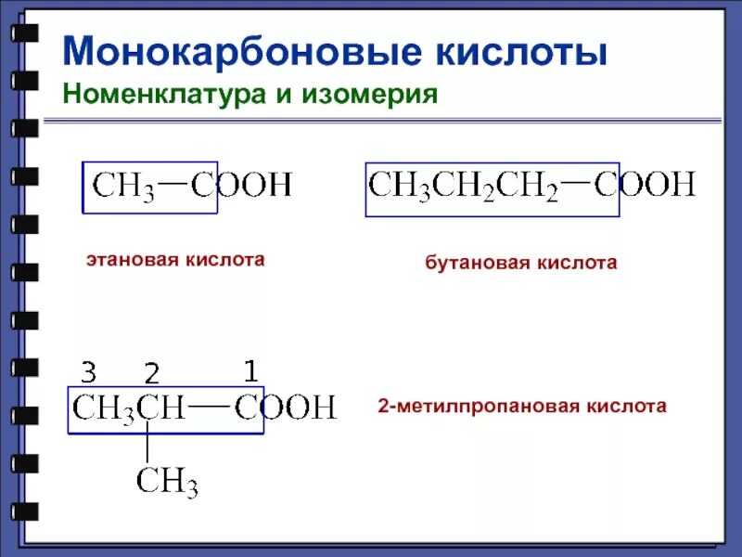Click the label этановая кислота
pos(175,261)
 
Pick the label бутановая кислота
pos(521,264)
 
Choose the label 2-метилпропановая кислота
pos(522,407)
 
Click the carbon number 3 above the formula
pos(89,373)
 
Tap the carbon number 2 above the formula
pos(152,375)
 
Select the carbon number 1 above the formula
pos(249,371)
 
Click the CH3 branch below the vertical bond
pos(167,482)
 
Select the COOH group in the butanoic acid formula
pos(645,185)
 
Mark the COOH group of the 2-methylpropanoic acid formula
pos(285,408)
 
